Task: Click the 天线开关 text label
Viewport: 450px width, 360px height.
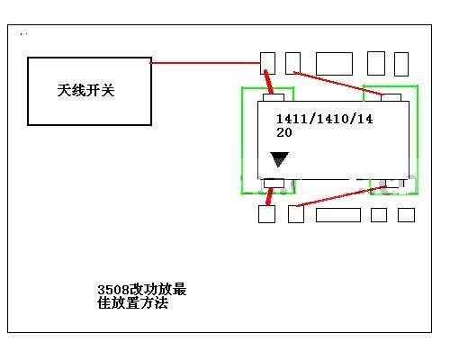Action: [85, 90]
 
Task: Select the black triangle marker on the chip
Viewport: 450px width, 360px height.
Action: [279, 158]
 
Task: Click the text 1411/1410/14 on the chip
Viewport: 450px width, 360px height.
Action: [325, 119]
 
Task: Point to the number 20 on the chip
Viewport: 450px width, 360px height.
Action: [284, 132]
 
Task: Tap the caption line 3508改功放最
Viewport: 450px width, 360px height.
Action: [142, 290]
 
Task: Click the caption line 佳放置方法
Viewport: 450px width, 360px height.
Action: [132, 302]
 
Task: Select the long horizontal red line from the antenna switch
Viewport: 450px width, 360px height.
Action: [205, 63]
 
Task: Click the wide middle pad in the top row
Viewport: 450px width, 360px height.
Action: [334, 64]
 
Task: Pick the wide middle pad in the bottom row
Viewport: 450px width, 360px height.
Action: [338, 215]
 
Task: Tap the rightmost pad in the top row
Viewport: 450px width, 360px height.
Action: [401, 64]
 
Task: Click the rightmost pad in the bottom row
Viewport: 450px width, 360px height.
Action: [406, 215]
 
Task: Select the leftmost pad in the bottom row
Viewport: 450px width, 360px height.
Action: [266, 214]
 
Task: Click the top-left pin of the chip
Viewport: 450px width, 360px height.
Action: [274, 97]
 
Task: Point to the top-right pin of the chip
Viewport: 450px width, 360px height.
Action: [391, 97]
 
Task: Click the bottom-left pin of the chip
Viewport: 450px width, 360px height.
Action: [274, 183]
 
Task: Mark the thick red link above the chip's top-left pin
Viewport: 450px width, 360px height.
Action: [269, 82]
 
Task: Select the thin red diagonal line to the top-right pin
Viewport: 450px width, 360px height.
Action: [338, 84]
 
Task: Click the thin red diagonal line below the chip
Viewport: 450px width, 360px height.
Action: [341, 196]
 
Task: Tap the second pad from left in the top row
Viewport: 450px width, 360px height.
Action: [292, 63]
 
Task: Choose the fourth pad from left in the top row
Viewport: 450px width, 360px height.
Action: [376, 63]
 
